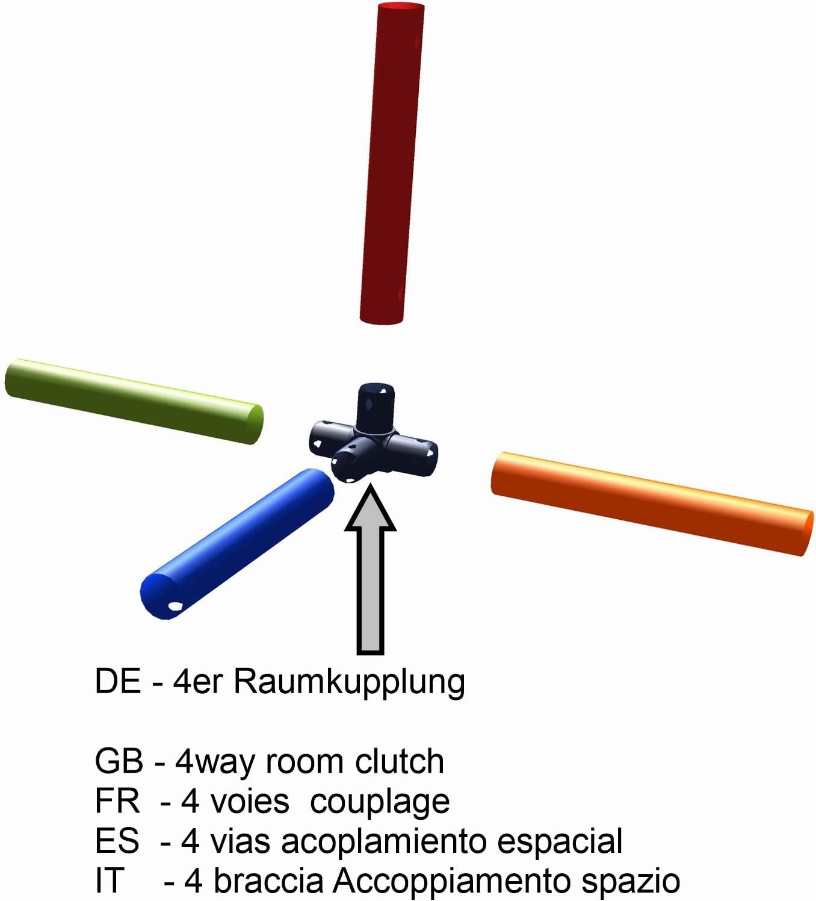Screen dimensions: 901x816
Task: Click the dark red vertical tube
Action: [x=391, y=163]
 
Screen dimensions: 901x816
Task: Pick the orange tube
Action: [x=652, y=503]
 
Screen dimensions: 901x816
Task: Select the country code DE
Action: [x=118, y=682]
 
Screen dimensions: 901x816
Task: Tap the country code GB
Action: [x=119, y=761]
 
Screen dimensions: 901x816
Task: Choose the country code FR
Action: [x=117, y=801]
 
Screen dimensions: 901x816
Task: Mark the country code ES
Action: [x=117, y=841]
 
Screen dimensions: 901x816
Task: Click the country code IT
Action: [x=109, y=881]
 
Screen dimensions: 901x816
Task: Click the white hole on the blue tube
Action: [x=175, y=606]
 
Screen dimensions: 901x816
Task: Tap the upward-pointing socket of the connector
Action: [x=376, y=405]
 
